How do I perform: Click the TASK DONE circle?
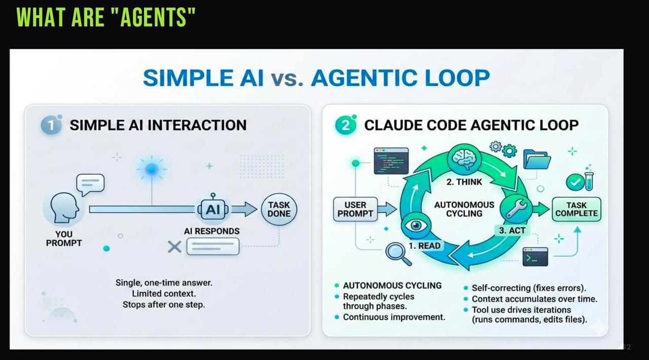pyautogui.click(x=279, y=209)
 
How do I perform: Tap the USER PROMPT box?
pyautogui.click(x=355, y=209)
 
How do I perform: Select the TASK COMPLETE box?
pyautogui.click(x=576, y=209)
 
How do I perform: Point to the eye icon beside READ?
pyautogui.click(x=416, y=225)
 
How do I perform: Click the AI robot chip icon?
pyautogui.click(x=213, y=209)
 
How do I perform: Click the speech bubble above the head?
pyautogui.click(x=90, y=184)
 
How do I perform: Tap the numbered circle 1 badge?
pyautogui.click(x=51, y=124)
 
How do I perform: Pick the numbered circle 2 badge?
pyautogui.click(x=346, y=125)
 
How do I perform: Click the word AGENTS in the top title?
pyautogui.click(x=152, y=17)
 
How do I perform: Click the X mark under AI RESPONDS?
pyautogui.click(x=174, y=247)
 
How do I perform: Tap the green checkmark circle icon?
pyautogui.click(x=574, y=182)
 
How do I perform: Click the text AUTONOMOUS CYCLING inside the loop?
pyautogui.click(x=464, y=209)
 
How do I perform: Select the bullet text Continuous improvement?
pyautogui.click(x=394, y=317)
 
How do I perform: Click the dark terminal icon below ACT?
pyautogui.click(x=535, y=257)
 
